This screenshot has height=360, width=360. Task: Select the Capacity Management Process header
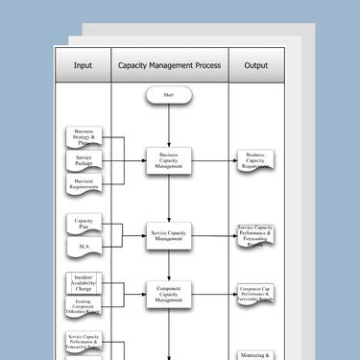[x=170, y=66]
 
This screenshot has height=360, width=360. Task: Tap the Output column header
[x=256, y=66]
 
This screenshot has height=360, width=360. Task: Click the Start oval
[x=169, y=96]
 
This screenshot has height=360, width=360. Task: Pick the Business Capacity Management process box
[x=169, y=161]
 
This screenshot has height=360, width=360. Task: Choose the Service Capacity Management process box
[x=169, y=236]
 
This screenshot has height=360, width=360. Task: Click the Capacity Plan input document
[x=84, y=224]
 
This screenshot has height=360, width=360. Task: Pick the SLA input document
[x=84, y=248]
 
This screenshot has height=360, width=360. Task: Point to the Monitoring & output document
[x=257, y=355]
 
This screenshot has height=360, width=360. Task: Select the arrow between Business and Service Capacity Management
[x=169, y=200]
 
